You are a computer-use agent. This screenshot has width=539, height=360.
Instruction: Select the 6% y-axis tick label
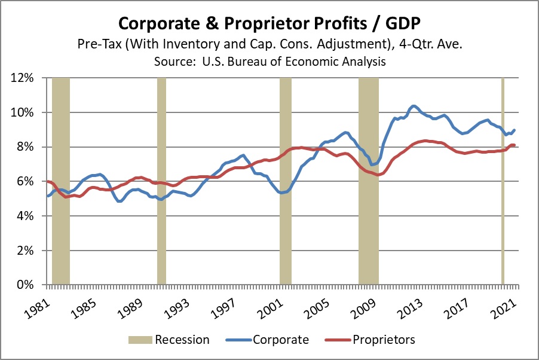pyautogui.click(x=30, y=182)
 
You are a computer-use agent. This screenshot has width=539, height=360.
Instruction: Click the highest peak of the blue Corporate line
pyautogui.click(x=414, y=106)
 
